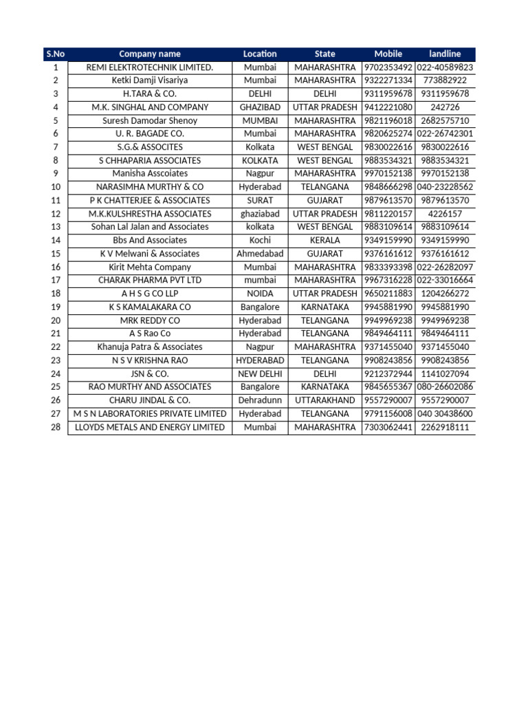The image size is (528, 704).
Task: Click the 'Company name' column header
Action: click(150, 54)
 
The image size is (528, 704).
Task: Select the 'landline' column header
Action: click(445, 54)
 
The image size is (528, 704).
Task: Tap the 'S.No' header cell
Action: click(55, 54)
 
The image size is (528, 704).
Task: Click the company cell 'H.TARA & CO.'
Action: click(150, 93)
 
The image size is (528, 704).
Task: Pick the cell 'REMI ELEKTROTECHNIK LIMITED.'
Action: click(150, 67)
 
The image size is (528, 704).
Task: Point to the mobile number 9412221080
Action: click(388, 107)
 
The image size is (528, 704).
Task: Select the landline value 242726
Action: click(445, 107)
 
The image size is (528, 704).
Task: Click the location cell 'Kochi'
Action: click(260, 241)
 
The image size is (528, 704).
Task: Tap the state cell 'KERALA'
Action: click(324, 241)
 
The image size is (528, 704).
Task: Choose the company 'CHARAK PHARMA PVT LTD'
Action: click(150, 280)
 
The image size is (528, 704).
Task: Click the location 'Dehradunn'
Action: click(260, 400)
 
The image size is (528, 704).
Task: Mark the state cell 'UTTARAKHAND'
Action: click(324, 400)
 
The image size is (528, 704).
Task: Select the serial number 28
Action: click(55, 427)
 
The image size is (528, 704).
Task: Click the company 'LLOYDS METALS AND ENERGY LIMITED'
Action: click(150, 427)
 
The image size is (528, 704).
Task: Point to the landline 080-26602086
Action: click(445, 387)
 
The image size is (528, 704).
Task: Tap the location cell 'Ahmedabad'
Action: click(260, 254)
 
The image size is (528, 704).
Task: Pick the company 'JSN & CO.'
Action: click(150, 374)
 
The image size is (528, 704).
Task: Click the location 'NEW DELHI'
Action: click(260, 374)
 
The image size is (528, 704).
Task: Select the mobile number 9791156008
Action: click(388, 414)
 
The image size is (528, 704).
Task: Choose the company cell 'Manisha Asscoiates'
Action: click(150, 174)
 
